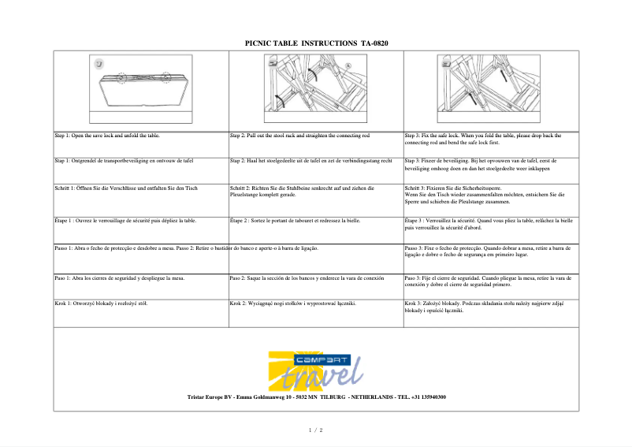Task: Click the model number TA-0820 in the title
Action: (375, 43)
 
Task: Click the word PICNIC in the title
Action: (260, 43)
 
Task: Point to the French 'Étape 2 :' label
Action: (243, 221)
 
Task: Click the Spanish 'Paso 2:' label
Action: (240, 278)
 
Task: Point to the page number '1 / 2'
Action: (315, 430)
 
